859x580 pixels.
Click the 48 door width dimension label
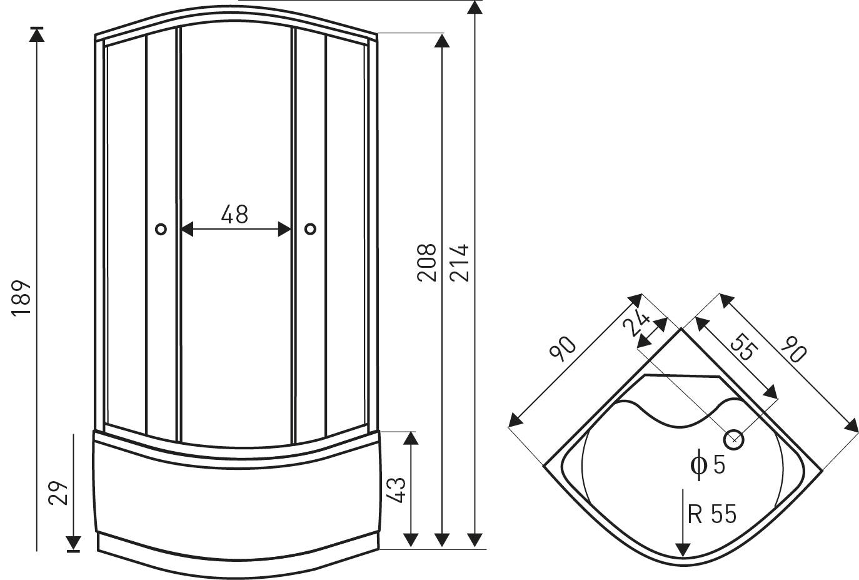234,214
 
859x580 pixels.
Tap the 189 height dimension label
21,298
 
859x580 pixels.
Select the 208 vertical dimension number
427,263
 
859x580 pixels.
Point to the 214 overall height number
460,263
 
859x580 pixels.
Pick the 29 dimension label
58,492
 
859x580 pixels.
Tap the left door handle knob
161,229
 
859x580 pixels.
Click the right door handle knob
310,229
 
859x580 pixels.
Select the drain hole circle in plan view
733,440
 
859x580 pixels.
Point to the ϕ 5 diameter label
708,464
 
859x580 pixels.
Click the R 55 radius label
711,514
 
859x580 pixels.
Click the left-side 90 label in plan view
563,349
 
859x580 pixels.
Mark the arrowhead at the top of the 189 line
37,34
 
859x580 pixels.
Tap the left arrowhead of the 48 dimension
187,229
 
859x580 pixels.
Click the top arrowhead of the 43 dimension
411,439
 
